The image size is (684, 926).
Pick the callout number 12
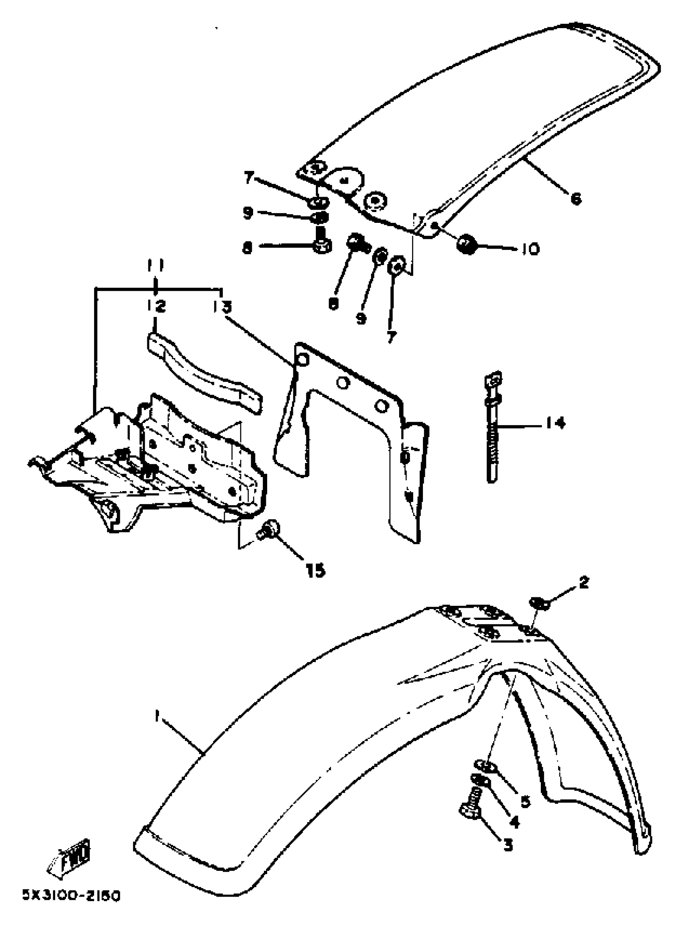point(155,307)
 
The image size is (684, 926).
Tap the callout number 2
point(584,582)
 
